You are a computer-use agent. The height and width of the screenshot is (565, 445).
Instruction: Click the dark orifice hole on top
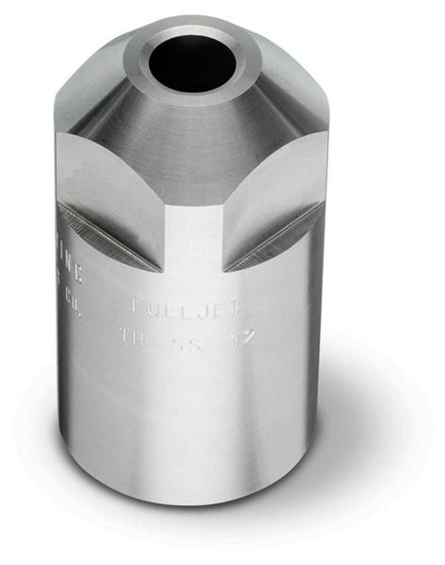[192, 63]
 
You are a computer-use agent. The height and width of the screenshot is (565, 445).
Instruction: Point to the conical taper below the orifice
[193, 148]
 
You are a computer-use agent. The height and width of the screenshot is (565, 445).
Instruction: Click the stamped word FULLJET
[187, 306]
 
